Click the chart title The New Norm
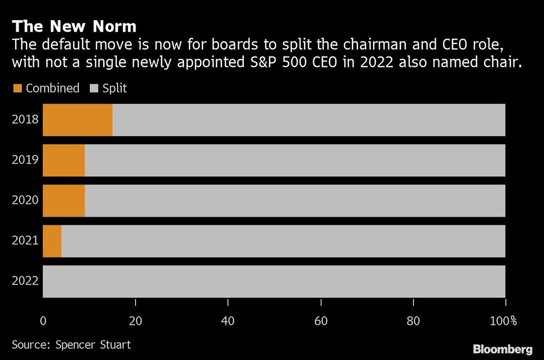74,26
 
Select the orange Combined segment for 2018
77,120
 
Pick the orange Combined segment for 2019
64,160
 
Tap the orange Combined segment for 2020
64,201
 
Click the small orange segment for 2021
52,241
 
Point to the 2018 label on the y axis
25,120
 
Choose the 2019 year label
25,160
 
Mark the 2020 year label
25,200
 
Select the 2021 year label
25,240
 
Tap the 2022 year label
25,281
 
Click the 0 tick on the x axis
43,321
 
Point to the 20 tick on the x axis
135,321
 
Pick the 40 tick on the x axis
228,321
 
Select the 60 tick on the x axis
320,321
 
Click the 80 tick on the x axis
413,321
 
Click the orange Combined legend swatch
17,88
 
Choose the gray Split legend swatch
93,88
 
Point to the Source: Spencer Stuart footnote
71,344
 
